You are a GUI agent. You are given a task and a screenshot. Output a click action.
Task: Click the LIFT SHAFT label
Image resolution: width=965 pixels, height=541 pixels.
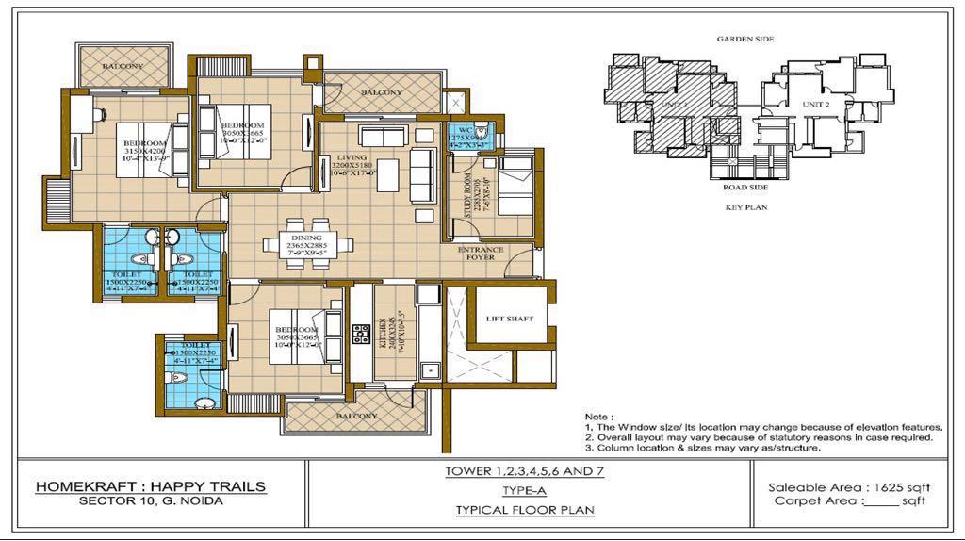509,319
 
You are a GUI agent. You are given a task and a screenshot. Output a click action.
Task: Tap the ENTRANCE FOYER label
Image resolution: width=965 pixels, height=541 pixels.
481,254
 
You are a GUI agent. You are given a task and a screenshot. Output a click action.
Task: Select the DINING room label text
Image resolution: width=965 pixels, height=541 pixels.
306,238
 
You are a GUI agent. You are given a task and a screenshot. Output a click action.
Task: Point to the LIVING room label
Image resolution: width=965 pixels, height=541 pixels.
353,157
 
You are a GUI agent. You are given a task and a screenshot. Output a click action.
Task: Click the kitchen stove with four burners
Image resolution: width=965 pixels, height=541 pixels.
360,334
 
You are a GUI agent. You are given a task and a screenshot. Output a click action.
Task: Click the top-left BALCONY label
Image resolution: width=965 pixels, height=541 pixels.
123,66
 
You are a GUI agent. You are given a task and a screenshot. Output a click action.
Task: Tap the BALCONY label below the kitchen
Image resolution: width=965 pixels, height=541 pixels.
356,416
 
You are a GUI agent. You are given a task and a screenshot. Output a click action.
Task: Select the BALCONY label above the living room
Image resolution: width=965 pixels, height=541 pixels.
380,92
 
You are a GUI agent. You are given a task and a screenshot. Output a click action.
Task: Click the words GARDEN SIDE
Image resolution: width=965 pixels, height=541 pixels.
745,40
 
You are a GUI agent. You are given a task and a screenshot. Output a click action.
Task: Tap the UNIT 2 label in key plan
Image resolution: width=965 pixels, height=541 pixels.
815,103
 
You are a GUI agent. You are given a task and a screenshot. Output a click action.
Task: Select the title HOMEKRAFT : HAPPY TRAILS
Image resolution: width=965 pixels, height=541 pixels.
151,486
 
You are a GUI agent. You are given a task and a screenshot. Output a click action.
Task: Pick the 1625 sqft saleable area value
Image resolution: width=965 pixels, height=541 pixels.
899,486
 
